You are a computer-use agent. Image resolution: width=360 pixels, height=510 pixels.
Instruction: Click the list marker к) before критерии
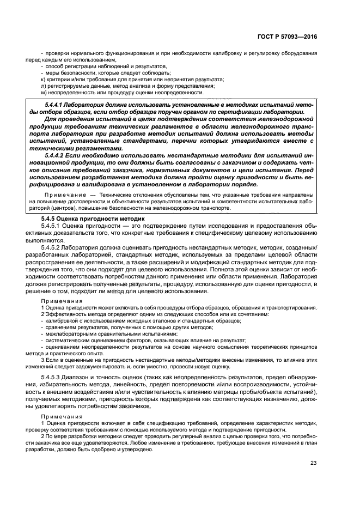(43, 79)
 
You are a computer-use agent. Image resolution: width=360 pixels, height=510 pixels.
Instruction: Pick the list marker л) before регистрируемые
(43, 86)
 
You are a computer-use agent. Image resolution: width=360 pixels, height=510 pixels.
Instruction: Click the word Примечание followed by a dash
(63, 195)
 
